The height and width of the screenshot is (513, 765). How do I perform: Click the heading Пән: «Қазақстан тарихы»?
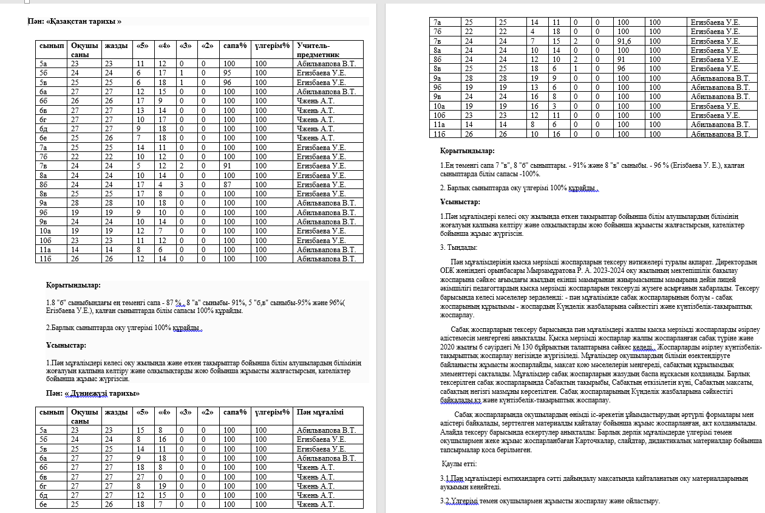(75, 21)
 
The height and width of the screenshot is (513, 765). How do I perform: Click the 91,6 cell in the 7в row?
(622, 41)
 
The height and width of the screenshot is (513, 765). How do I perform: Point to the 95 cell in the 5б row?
(228, 73)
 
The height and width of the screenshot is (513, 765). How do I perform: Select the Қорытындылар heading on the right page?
(467, 151)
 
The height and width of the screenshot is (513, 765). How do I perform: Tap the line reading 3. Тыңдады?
(458, 247)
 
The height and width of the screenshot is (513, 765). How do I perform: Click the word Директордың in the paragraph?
(735, 262)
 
